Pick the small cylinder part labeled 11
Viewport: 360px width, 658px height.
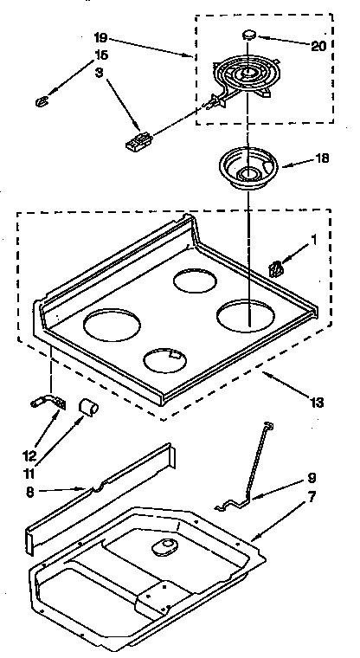point(87,406)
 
